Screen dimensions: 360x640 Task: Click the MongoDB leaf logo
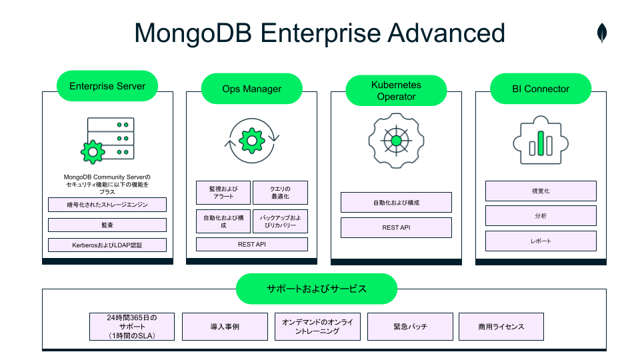602,33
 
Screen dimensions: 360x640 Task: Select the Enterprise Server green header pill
107,86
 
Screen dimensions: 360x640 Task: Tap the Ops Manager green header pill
252,89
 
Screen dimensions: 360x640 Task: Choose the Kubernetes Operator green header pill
397,90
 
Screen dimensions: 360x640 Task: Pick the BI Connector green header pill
541,89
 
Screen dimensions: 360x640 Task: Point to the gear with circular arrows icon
252,140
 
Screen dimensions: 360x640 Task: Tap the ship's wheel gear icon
396,141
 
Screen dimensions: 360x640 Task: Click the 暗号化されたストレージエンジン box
107,205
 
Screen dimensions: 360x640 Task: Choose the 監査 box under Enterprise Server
107,225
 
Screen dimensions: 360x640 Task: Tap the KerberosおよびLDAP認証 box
107,245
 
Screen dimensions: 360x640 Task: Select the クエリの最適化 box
280,193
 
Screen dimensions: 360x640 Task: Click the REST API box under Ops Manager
252,245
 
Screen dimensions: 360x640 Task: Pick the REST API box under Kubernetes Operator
396,227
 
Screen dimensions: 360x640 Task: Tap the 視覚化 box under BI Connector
541,191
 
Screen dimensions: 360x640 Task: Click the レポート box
541,241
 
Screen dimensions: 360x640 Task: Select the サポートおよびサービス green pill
317,289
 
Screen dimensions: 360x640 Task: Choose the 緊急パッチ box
410,327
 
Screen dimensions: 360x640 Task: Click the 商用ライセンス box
501,327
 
